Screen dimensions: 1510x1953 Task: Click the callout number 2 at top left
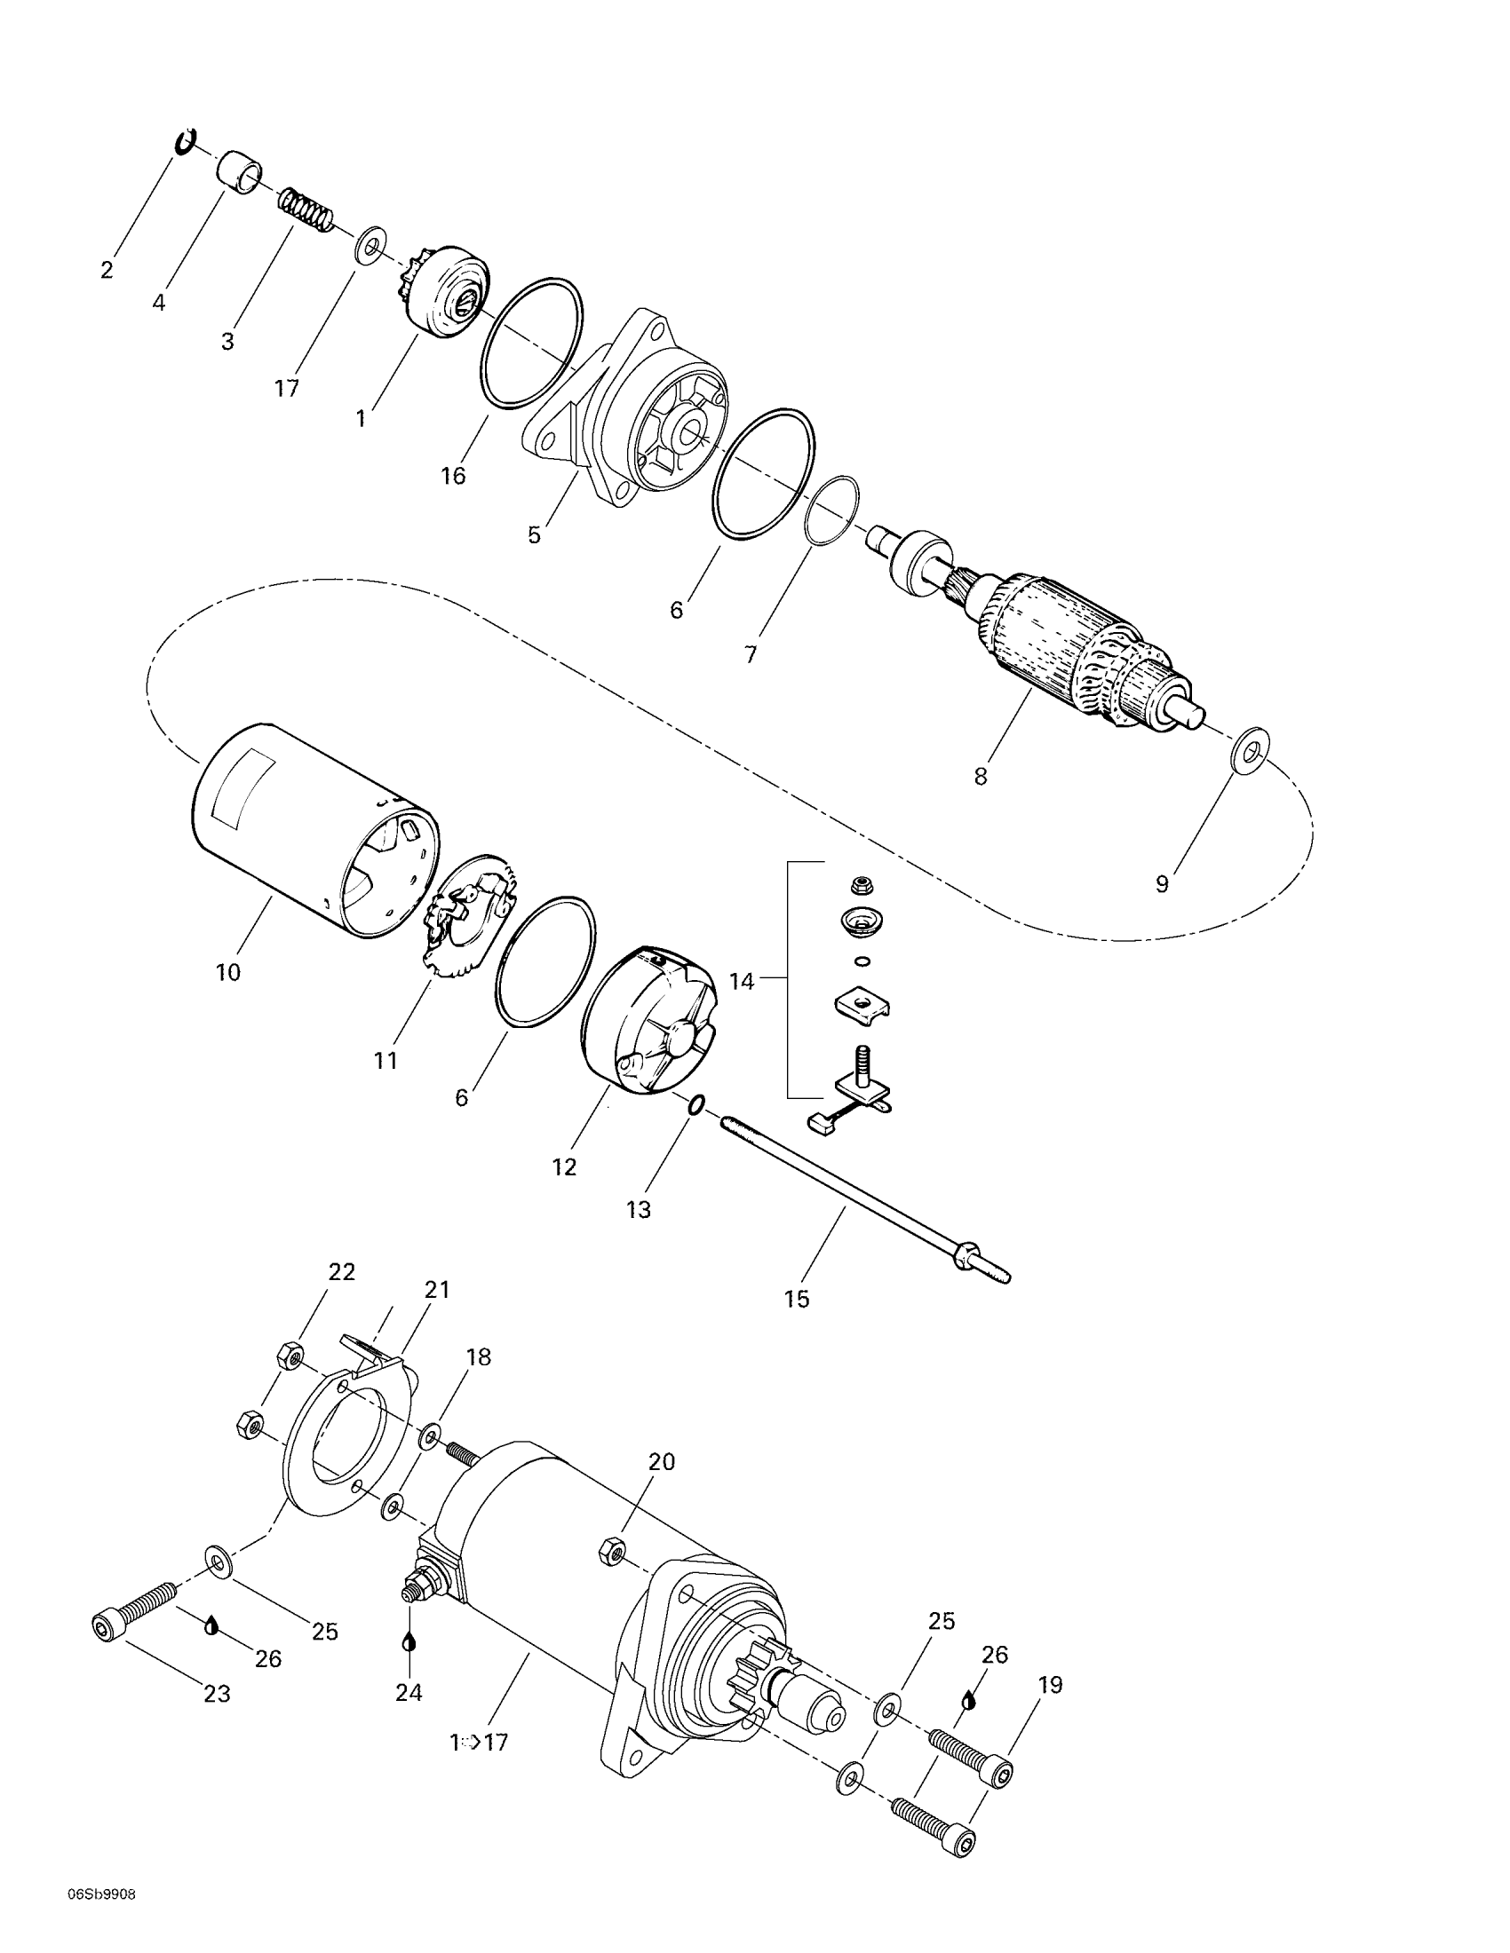tap(107, 269)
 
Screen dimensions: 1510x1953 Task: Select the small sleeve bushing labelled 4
tap(239, 172)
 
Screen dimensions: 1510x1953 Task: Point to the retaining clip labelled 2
tap(186, 141)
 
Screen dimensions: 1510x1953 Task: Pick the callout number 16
tap(454, 476)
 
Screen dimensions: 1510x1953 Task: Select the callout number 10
tap(228, 972)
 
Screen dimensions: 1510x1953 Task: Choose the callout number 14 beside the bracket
tap(743, 981)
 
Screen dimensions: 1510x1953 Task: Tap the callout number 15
tap(796, 1299)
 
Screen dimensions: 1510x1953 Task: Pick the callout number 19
tap(1050, 1685)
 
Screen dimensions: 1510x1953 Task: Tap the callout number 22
tap(342, 1271)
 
